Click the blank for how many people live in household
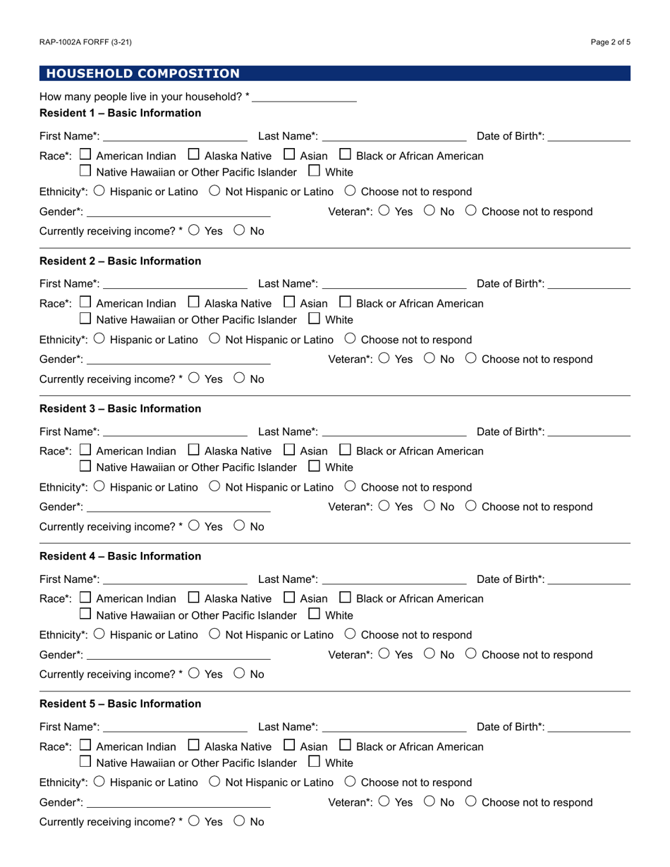(x=304, y=97)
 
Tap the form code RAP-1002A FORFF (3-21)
(x=85, y=42)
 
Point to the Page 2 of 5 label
(x=610, y=42)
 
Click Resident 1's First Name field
(x=175, y=135)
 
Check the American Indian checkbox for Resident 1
(x=86, y=154)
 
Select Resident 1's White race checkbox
(x=315, y=171)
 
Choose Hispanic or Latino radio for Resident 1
(x=99, y=190)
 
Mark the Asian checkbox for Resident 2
(x=289, y=302)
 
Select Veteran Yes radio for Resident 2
(x=384, y=358)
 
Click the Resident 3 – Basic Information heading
(x=120, y=409)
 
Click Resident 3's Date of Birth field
(x=588, y=431)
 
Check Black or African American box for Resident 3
(x=346, y=450)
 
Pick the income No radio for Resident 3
(x=239, y=525)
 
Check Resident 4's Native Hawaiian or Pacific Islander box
(x=86, y=614)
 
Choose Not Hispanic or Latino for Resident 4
(x=215, y=634)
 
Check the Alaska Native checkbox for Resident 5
(x=194, y=745)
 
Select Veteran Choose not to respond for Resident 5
(x=471, y=801)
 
